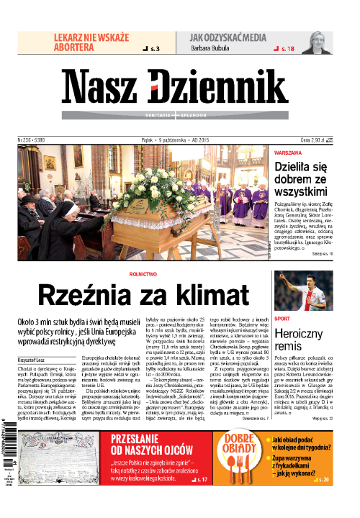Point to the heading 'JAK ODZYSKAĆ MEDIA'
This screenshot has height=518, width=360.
(x=230, y=36)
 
